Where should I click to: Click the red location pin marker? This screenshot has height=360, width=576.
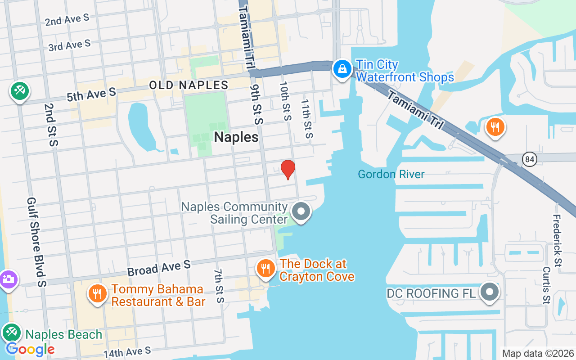click(x=288, y=169)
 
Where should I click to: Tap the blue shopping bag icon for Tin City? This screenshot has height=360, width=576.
click(x=342, y=69)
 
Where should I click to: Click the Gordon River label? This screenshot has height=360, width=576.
click(x=391, y=174)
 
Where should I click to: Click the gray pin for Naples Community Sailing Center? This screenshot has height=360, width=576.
click(x=301, y=211)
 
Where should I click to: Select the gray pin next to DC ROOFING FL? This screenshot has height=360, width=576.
click(x=489, y=292)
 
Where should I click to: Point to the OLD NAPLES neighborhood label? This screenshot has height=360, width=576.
click(x=189, y=85)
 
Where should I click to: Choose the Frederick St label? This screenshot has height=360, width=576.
click(x=557, y=240)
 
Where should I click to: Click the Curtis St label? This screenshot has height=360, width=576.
click(x=546, y=285)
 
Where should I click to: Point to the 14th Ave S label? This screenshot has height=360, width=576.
click(x=127, y=352)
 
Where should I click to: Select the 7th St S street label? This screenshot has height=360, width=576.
click(x=218, y=286)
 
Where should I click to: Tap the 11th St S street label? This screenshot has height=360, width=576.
click(x=306, y=119)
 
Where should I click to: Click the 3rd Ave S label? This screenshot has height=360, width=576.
click(x=69, y=45)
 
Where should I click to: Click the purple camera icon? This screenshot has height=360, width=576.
click(x=8, y=279)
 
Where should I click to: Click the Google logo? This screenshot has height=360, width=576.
click(x=30, y=349)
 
